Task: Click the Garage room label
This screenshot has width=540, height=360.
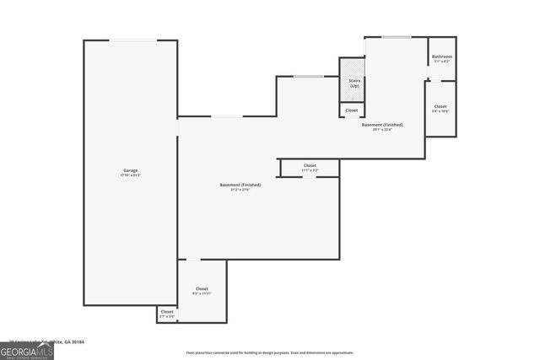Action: (131, 170)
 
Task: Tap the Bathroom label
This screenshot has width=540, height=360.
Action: (442, 56)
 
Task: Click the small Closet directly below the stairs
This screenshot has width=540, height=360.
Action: (352, 110)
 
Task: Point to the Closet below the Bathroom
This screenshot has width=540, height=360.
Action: (440, 106)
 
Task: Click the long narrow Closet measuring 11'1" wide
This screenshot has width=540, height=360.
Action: (310, 166)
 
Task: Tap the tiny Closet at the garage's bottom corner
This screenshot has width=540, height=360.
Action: (167, 313)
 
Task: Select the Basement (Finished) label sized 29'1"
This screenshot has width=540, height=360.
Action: (382, 125)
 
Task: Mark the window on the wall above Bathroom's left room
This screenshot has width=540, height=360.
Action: (396, 36)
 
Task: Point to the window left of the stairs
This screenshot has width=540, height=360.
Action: (308, 77)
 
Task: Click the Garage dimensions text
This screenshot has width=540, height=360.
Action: (131, 175)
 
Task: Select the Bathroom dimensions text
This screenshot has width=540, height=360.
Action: (442, 62)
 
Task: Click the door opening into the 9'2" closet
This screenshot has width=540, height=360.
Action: (193, 260)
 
